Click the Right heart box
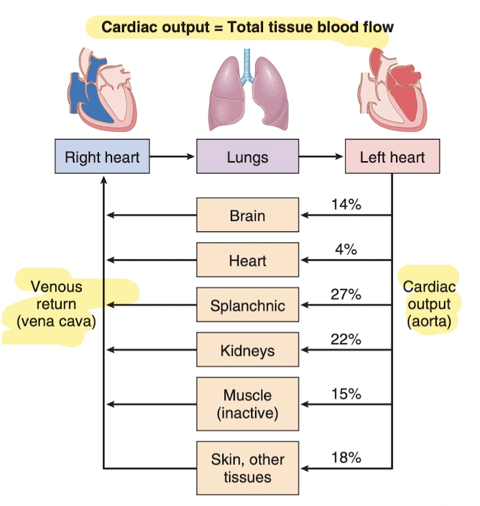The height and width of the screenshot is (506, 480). tap(102, 157)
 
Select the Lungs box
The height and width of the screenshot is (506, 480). tap(247, 157)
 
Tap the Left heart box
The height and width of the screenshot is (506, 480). tap(392, 157)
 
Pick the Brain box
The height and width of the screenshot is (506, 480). tap(247, 215)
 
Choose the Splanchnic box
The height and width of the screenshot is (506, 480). tap(247, 305)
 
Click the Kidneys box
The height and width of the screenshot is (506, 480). tap(247, 350)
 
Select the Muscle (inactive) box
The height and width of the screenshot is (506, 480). tap(247, 404)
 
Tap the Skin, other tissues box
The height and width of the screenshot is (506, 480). tap(247, 468)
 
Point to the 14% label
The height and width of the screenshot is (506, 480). tap(346, 204)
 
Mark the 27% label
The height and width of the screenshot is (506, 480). tap(346, 294)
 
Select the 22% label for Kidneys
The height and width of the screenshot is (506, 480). tap(346, 339)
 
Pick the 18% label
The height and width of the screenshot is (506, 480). tap(346, 457)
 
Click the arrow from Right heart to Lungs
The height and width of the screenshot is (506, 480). tap(172, 157)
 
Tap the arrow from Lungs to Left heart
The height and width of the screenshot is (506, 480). tap(321, 157)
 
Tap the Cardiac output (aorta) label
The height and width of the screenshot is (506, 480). tap(430, 304)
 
